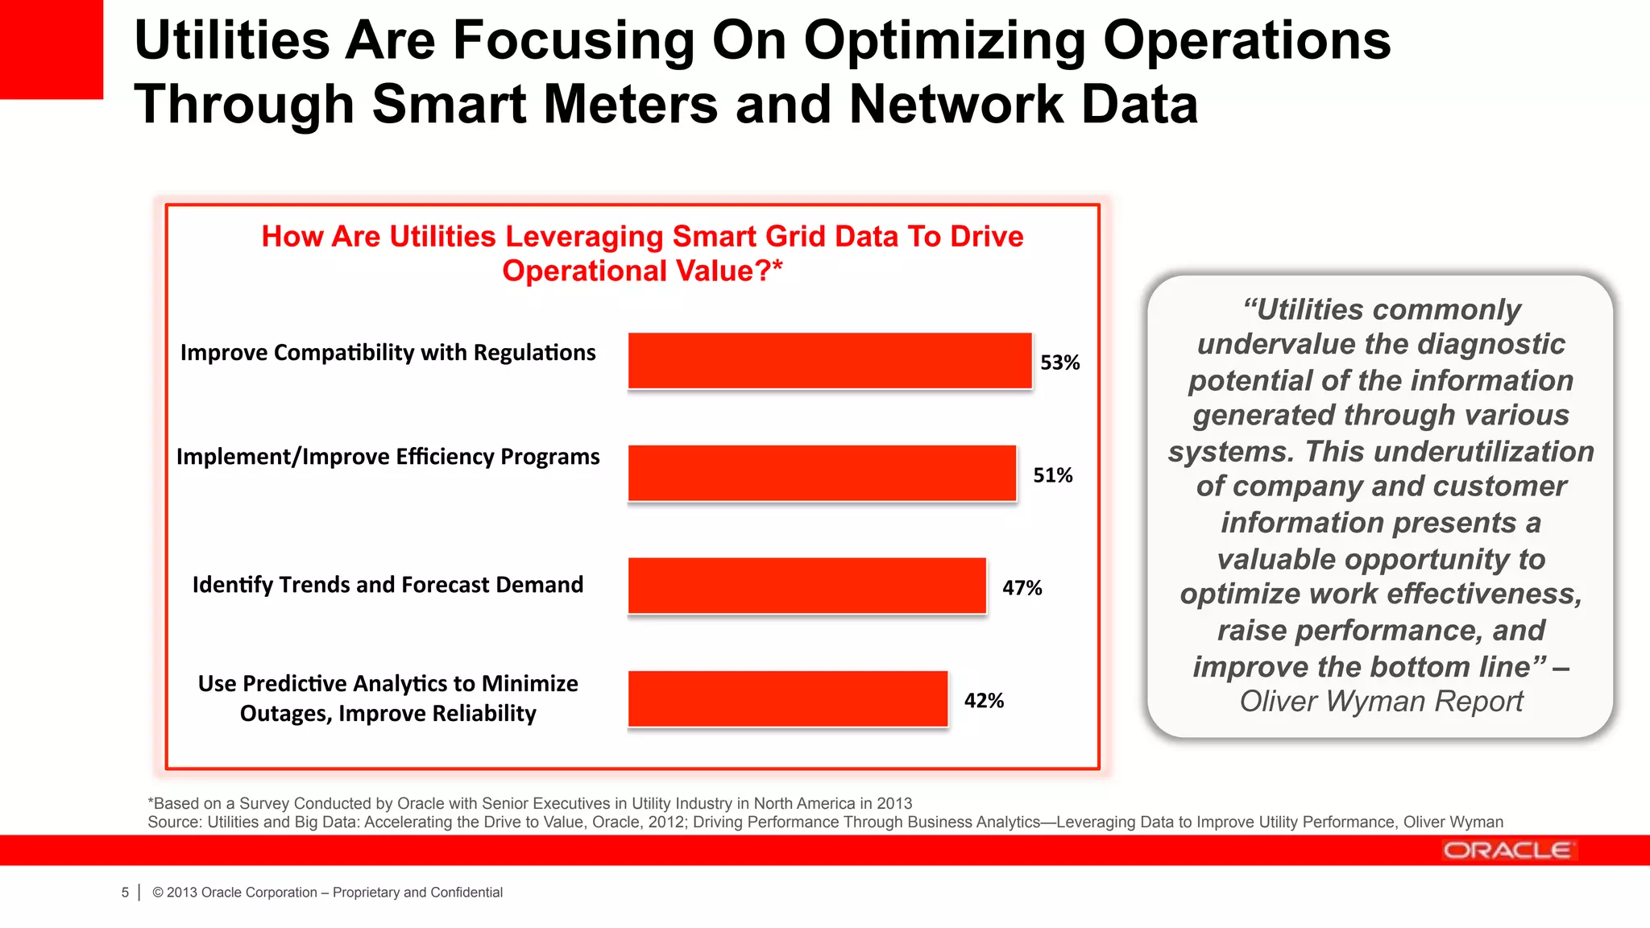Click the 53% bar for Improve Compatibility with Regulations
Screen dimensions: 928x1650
830,361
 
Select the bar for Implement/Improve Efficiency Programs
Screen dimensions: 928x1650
822,474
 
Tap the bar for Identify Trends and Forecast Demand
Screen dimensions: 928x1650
806,586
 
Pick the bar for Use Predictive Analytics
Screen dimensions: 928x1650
788,699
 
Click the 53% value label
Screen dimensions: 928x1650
1059,362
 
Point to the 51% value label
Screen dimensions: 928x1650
1052,475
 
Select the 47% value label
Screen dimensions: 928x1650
1022,588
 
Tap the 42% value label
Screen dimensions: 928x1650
984,701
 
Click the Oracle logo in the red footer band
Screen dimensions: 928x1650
1507,851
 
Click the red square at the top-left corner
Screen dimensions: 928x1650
51,48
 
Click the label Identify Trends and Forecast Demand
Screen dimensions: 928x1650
388,585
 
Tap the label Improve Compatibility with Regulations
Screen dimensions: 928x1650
388,353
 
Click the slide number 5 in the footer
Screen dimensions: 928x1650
125,893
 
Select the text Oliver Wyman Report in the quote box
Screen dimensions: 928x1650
1381,702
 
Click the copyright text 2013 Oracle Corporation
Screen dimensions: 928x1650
242,893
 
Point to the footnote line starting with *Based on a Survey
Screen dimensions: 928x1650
530,803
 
